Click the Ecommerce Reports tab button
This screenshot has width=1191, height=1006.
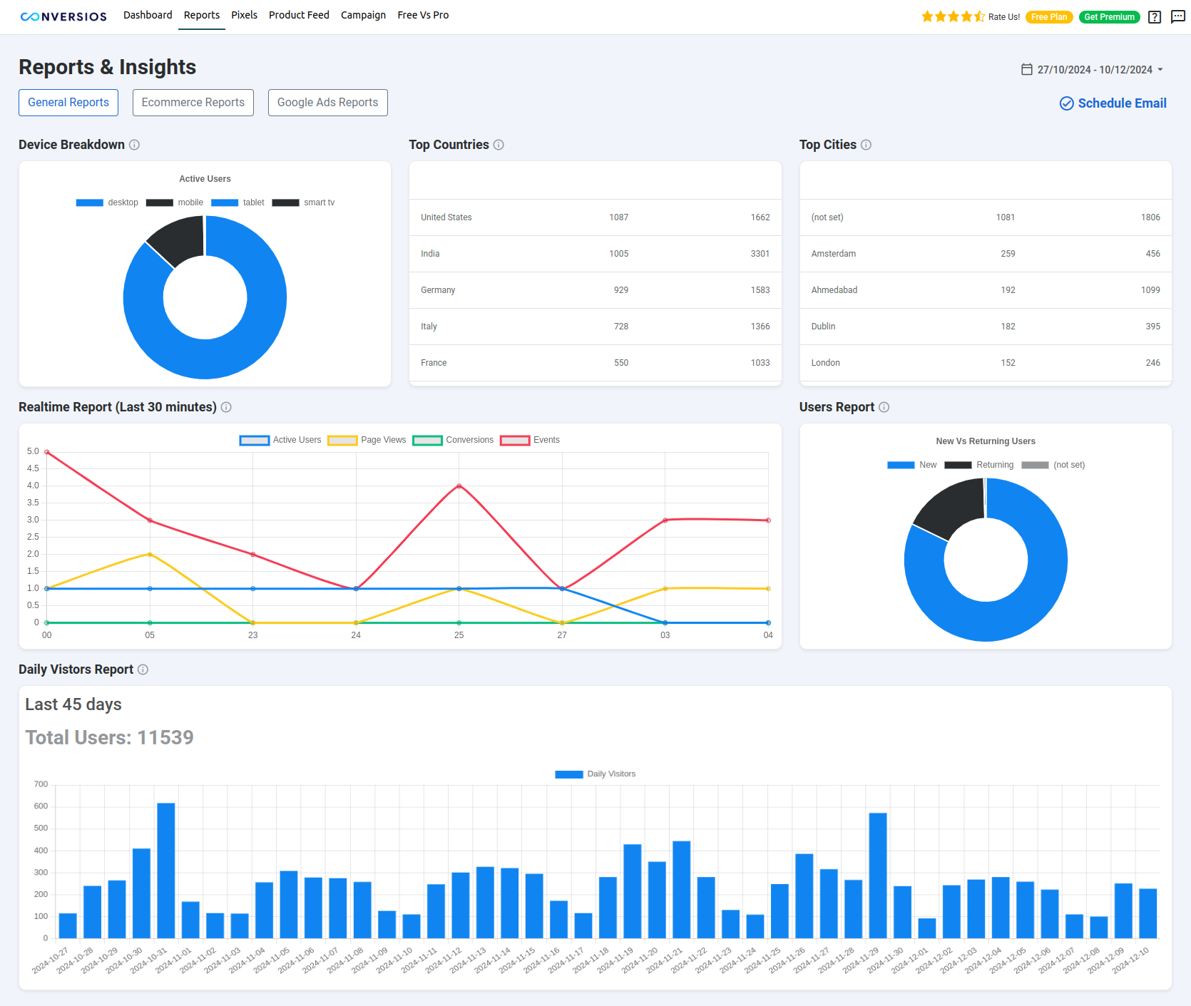point(193,103)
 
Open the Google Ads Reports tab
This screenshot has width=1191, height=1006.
point(327,103)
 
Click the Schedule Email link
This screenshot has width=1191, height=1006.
point(1113,103)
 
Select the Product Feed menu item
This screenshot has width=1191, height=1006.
point(299,15)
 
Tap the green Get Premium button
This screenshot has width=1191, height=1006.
point(1109,17)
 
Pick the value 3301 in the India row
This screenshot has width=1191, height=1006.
point(760,254)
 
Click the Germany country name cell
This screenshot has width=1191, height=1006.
point(438,290)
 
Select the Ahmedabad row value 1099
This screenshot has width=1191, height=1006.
point(1150,290)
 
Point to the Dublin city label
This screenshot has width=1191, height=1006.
point(823,327)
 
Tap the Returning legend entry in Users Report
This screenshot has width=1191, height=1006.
point(994,465)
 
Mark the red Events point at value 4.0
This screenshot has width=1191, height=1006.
point(459,486)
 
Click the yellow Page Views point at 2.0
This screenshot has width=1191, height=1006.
point(150,554)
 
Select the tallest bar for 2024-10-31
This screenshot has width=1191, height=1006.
point(166,870)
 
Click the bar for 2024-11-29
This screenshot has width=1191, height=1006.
point(878,875)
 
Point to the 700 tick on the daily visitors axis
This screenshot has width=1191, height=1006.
point(41,784)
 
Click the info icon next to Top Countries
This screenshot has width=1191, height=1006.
point(499,145)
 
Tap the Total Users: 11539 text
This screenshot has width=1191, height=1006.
point(109,737)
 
